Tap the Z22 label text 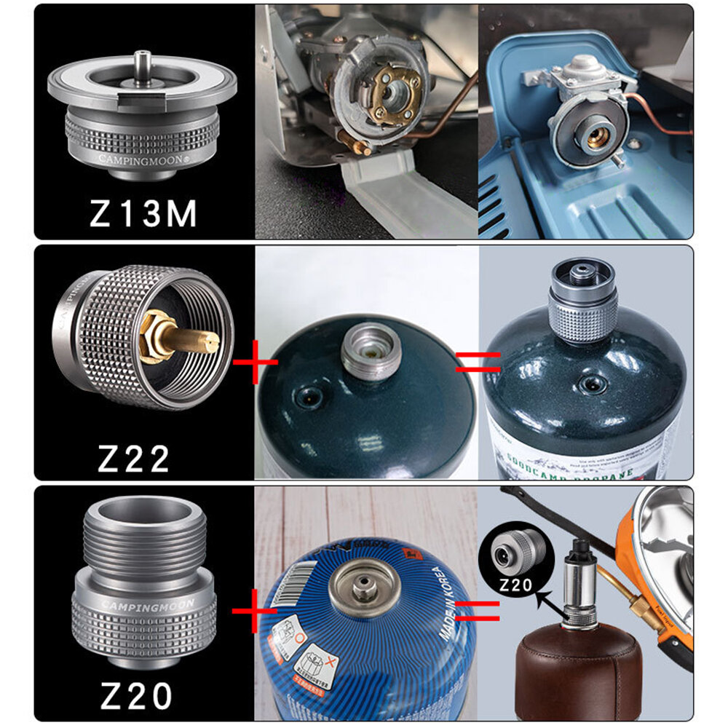pos(134,458)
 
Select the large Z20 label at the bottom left pos(136,697)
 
